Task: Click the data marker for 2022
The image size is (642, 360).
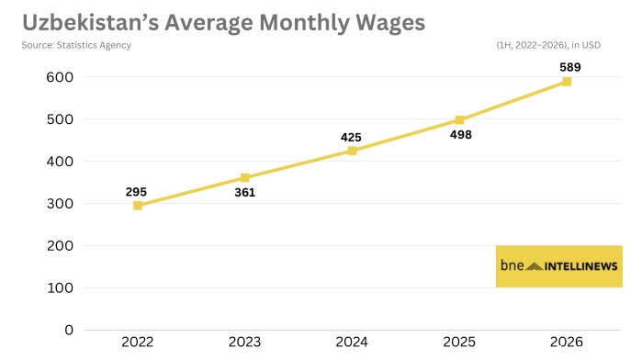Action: [138, 206]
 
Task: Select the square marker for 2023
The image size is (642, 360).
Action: [245, 178]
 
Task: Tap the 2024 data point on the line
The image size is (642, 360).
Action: [352, 151]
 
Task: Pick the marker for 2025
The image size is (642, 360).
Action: [459, 120]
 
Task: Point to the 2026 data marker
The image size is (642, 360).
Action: [567, 82]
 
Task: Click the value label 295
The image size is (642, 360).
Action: [136, 192]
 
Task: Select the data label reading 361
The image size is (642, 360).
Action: [245, 193]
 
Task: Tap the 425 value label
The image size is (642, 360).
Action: [351, 137]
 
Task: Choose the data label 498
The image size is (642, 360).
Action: [461, 135]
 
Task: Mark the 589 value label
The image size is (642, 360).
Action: [570, 67]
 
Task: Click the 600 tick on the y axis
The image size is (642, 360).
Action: [60, 77]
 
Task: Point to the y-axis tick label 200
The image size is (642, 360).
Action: [60, 246]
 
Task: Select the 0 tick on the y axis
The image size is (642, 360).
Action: [69, 330]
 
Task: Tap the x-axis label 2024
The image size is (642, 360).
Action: [352, 342]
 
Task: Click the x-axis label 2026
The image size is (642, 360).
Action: [567, 342]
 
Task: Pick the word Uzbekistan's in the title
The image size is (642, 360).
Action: [91, 22]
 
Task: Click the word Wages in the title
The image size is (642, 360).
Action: [390, 23]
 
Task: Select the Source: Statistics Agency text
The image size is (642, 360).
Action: [76, 45]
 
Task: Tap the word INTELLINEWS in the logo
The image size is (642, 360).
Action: [581, 266]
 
